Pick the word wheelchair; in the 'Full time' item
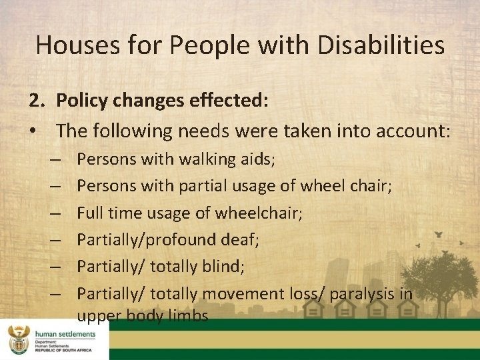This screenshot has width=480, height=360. click(x=263, y=213)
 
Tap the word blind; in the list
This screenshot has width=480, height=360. click(x=225, y=267)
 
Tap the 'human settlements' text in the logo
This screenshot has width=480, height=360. click(x=65, y=333)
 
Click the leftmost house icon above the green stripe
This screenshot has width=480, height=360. click(x=313, y=309)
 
